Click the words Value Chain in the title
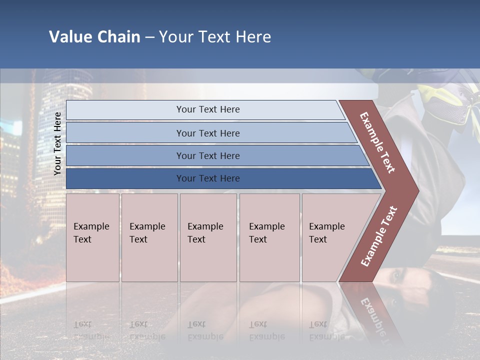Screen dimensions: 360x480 (94, 37)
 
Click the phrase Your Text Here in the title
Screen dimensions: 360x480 (215, 37)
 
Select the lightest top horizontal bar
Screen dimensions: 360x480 (207, 109)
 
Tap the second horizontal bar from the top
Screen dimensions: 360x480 (207, 133)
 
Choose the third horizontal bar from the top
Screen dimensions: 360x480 (207, 155)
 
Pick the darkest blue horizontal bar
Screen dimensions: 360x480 (207, 178)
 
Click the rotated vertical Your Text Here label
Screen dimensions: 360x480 (57, 143)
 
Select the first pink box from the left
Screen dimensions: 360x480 (92, 237)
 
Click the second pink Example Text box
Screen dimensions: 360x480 (149, 237)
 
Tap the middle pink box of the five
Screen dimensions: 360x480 (207, 237)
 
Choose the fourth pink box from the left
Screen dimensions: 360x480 (269, 237)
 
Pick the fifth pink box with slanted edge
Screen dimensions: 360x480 (330, 237)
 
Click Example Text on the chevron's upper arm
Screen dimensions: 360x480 (377, 142)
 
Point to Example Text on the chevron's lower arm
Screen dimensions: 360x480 (379, 236)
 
